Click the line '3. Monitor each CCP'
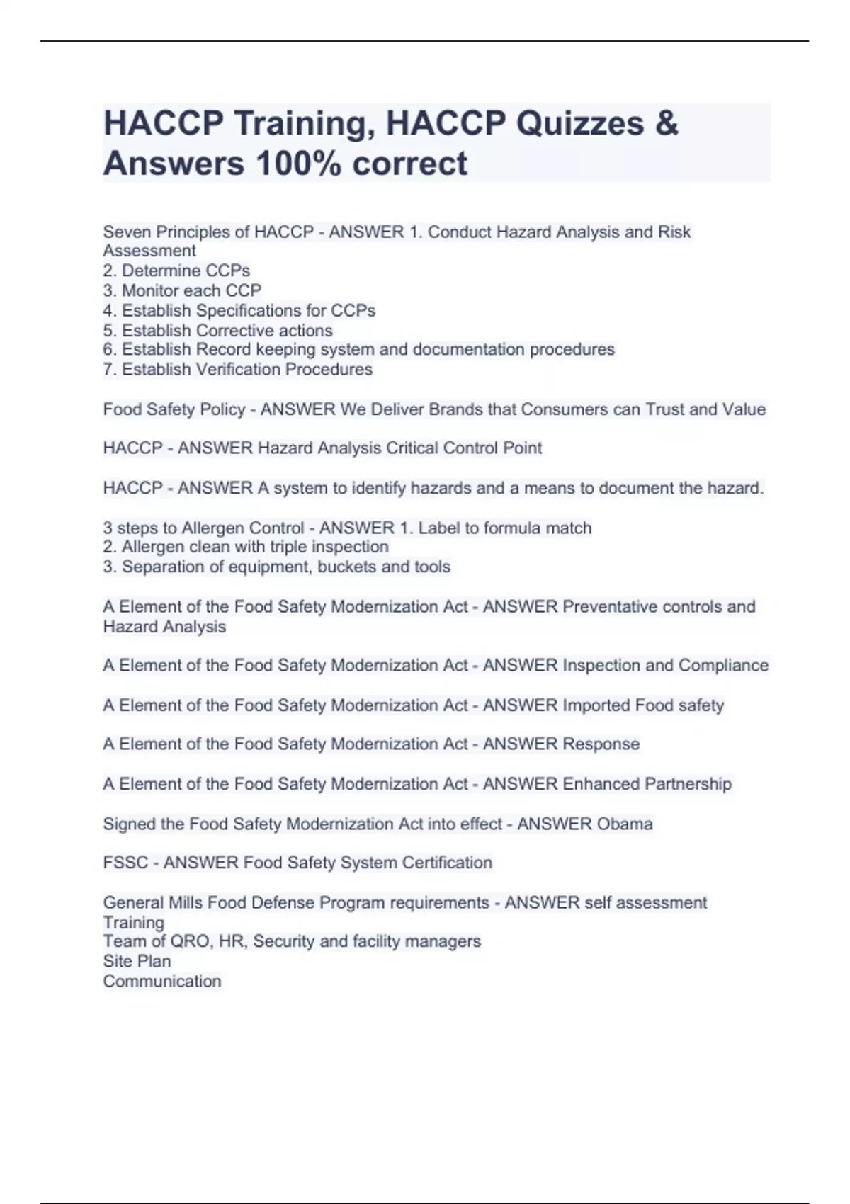[x=182, y=290]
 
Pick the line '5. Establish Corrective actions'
[x=217, y=331]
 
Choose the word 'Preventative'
[x=609, y=607]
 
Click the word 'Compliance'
[x=723, y=665]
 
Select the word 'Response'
[x=601, y=744]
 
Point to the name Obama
[x=625, y=824]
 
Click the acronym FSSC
[x=125, y=863]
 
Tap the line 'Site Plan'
[x=137, y=961]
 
